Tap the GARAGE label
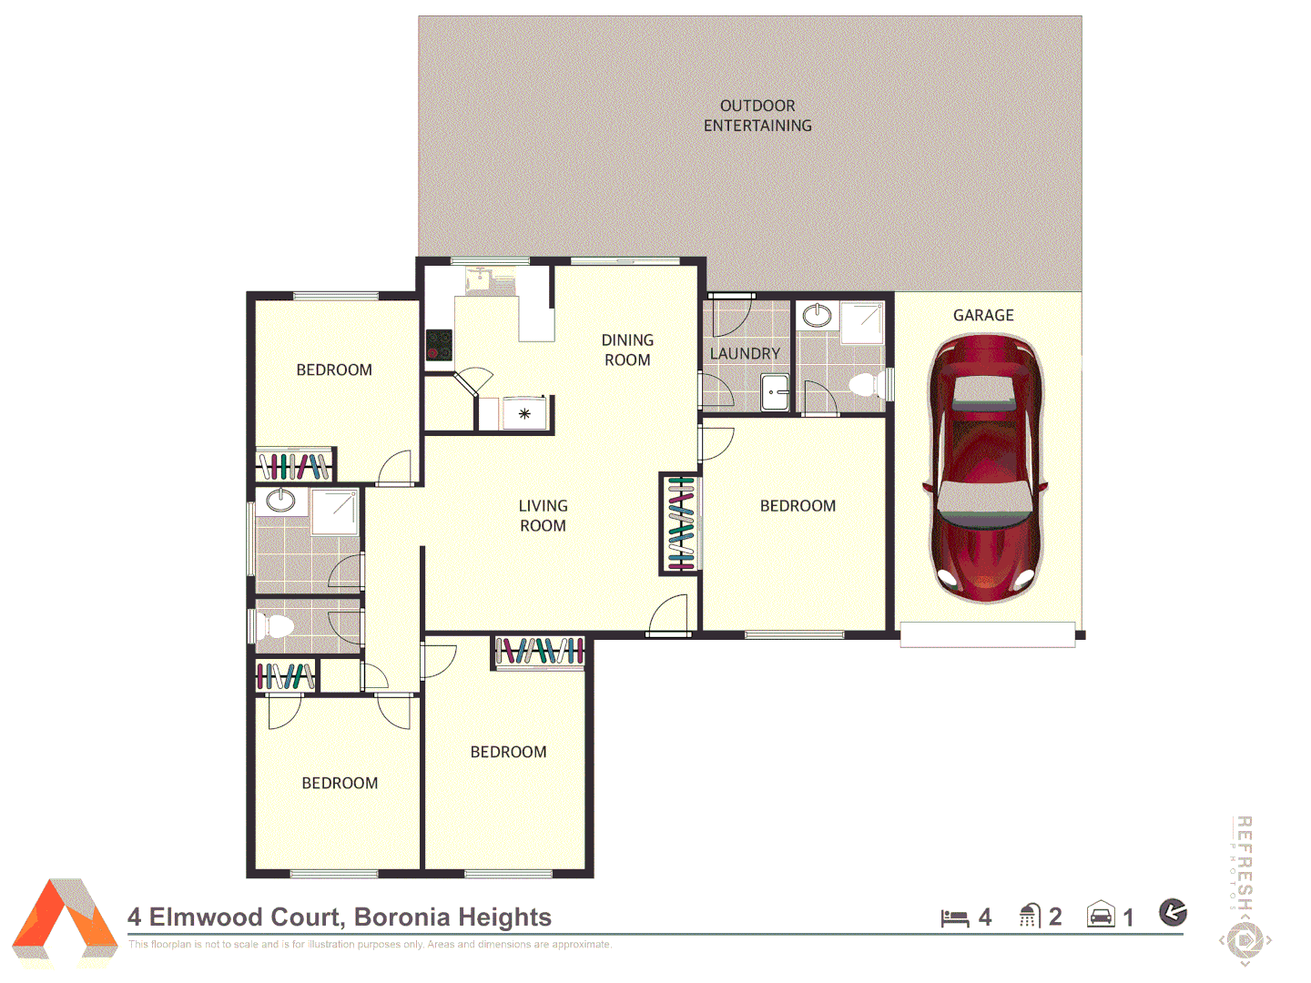click(983, 315)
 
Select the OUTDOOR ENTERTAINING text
click(757, 116)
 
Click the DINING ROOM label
click(627, 350)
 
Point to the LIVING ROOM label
click(543, 515)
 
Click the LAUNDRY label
click(745, 353)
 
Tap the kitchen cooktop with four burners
click(440, 345)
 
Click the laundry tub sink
click(775, 392)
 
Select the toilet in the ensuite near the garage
click(865, 384)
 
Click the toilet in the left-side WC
click(275, 626)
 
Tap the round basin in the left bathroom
click(280, 500)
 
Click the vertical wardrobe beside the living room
click(680, 524)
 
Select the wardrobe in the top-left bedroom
click(294, 466)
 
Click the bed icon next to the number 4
click(954, 917)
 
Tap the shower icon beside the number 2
click(1030, 916)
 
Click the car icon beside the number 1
click(1101, 915)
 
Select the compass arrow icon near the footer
click(1173, 911)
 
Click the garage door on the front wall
click(988, 634)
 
